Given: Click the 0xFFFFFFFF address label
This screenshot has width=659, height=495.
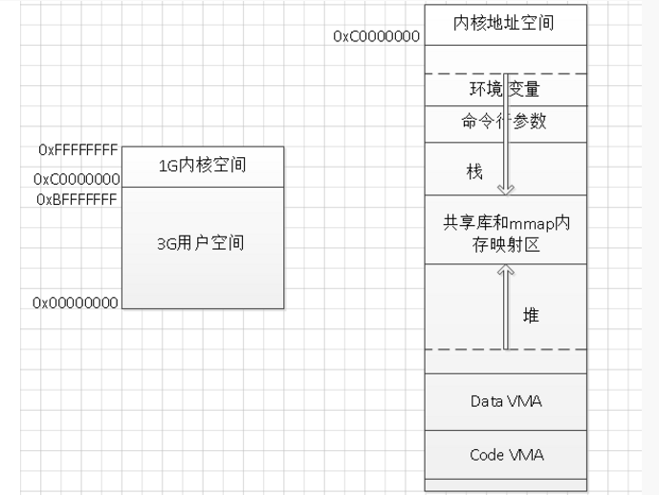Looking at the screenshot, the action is click(x=78, y=149).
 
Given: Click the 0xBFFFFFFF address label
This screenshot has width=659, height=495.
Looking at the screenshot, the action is click(x=77, y=199).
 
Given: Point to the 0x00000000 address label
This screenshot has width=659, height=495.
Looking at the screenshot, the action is click(x=76, y=303).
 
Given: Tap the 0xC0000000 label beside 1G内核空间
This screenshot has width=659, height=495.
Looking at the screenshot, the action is click(x=77, y=180).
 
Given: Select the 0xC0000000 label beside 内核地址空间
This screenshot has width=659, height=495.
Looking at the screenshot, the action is click(x=377, y=36).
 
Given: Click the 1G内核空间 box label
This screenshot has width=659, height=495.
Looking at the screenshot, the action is click(x=202, y=166).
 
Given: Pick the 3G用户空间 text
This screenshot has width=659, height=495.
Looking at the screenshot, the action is click(x=201, y=243).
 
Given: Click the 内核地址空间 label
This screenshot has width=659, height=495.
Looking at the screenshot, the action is click(x=503, y=23).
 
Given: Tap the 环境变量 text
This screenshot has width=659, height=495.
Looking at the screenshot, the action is click(x=504, y=89).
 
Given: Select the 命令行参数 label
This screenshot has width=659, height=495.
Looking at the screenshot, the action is click(x=504, y=122).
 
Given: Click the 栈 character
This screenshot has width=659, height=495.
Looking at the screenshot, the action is click(x=474, y=172).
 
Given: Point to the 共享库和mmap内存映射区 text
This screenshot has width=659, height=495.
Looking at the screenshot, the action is click(x=506, y=234).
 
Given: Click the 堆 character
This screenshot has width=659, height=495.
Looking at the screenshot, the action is click(x=531, y=315).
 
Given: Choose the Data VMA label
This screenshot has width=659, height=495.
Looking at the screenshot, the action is click(x=506, y=401).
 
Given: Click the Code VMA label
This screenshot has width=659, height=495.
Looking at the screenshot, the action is click(x=506, y=455).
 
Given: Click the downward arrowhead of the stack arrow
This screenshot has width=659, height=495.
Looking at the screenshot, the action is click(x=506, y=190).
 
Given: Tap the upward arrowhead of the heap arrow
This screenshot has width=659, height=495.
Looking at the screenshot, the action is click(x=506, y=270).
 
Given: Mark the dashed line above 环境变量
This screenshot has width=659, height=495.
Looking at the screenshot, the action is click(x=506, y=74).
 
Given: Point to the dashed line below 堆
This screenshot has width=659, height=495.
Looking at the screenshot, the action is click(x=506, y=349).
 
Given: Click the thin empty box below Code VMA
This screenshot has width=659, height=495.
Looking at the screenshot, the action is click(x=506, y=484).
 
